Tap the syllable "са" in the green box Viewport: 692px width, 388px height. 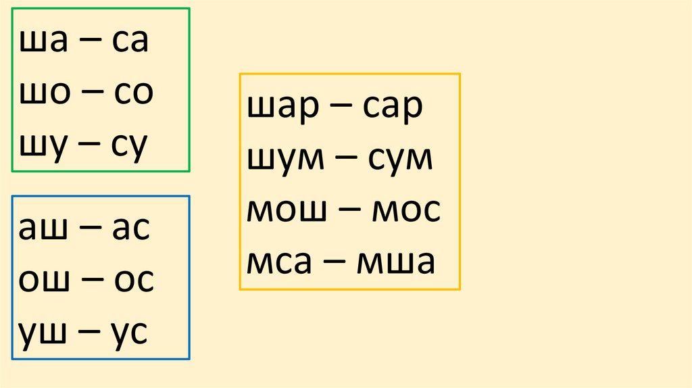tap(129, 42)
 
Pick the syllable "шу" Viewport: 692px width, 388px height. tap(41, 146)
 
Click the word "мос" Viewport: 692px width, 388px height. tap(405, 211)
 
